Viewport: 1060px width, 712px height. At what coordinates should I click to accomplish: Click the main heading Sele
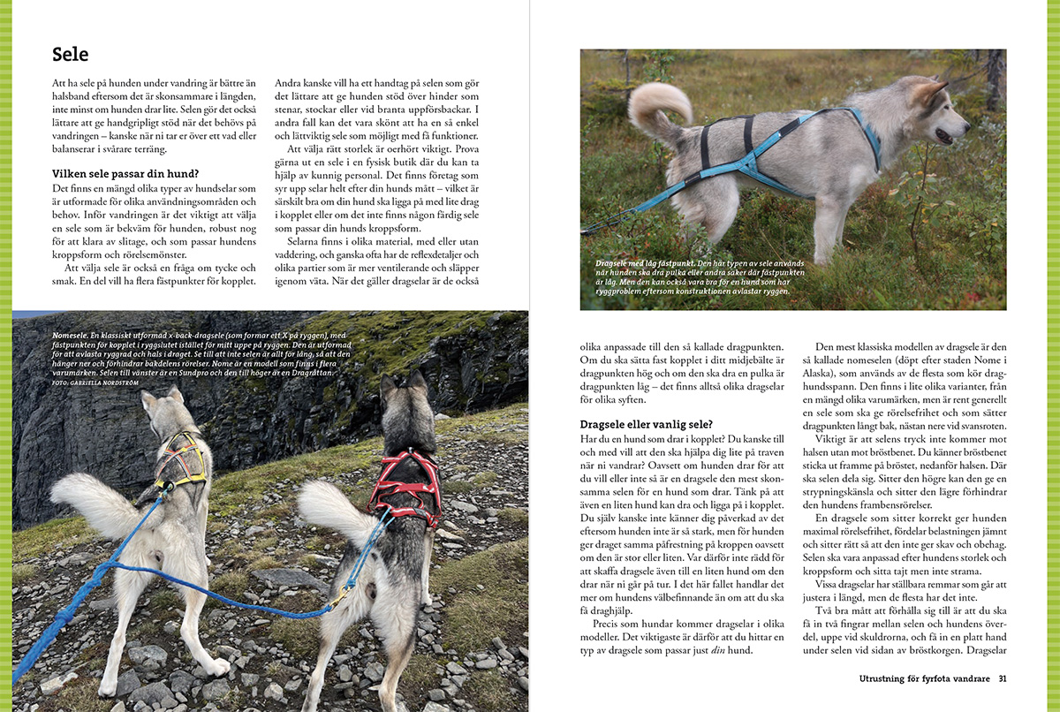(x=71, y=55)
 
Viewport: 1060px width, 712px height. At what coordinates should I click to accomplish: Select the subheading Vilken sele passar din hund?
(x=125, y=173)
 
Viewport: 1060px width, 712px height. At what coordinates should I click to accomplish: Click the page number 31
(x=1002, y=678)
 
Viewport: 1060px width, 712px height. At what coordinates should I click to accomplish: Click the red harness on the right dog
(x=405, y=483)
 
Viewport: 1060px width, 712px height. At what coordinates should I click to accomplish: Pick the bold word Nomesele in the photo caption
(x=72, y=337)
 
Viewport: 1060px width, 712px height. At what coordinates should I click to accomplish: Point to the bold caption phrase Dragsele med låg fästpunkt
(x=649, y=263)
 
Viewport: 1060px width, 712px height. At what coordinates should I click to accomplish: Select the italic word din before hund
(x=712, y=651)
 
